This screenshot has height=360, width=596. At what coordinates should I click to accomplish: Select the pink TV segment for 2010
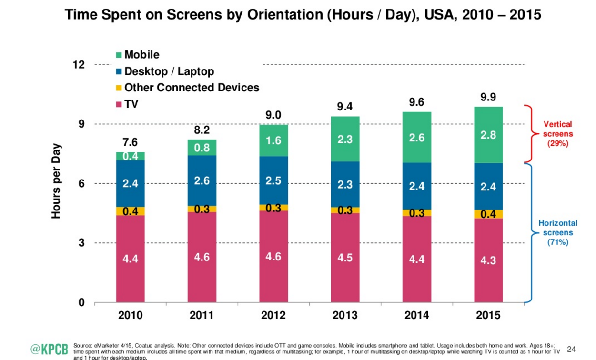(130, 259)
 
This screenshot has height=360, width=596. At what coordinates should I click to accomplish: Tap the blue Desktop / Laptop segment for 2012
(273, 180)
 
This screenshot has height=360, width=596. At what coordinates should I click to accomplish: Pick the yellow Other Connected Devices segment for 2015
(488, 214)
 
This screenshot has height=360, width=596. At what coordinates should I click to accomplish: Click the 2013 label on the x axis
(345, 315)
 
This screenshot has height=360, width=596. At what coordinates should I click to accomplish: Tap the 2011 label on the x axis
(202, 315)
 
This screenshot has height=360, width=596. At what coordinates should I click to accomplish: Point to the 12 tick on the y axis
(79, 65)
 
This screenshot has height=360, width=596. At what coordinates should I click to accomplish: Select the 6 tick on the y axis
(81, 184)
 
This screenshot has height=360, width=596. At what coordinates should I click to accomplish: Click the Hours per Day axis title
(56, 181)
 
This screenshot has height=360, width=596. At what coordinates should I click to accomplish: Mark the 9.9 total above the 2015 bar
(488, 98)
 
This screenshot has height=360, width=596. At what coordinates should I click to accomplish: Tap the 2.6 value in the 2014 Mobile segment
(417, 138)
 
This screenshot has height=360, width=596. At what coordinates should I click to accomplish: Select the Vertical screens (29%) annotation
(558, 134)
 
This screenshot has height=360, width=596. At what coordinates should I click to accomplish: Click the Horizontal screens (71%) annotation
(558, 233)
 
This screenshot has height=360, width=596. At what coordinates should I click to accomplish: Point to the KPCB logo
(49, 349)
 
